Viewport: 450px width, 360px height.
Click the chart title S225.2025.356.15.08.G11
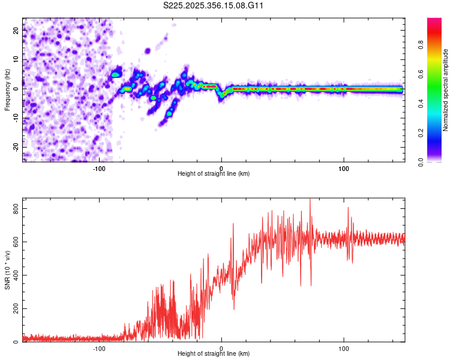(x=214, y=6)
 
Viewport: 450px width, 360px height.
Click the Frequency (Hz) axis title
(x=8, y=89)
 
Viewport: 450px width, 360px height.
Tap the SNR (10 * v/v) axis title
(x=8, y=269)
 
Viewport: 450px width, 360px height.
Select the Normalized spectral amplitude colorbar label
(x=446, y=90)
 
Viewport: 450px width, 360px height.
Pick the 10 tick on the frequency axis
(x=17, y=60)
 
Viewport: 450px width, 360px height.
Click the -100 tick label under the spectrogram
(x=99, y=168)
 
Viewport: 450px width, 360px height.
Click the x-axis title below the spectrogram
(x=214, y=174)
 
